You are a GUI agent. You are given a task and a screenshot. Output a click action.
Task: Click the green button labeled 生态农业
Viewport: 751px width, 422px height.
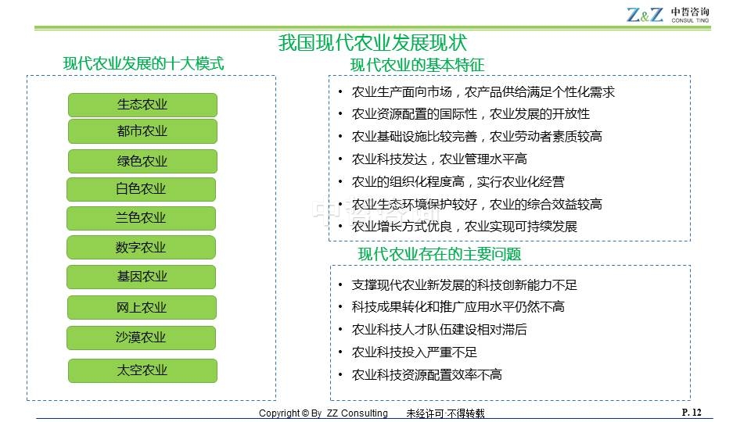coord(142,105)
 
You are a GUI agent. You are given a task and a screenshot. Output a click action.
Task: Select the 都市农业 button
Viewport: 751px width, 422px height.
coord(142,131)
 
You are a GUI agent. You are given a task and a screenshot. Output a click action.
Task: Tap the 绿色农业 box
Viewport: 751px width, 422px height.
coord(142,161)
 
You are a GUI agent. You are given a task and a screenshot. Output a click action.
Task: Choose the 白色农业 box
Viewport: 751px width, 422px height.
coord(142,189)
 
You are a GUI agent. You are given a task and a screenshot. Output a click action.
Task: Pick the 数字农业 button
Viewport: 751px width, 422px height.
coord(142,248)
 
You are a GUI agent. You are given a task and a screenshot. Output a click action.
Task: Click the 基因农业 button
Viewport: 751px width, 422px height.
coord(142,277)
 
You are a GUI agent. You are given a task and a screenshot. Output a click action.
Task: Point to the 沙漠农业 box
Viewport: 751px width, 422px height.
coord(142,338)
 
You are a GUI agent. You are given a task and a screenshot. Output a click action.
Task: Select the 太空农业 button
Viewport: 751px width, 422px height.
coord(142,370)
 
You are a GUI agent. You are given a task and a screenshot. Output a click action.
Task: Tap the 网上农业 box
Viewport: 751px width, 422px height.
coord(142,307)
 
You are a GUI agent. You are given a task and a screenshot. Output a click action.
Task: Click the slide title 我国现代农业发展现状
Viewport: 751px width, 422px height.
coord(372,42)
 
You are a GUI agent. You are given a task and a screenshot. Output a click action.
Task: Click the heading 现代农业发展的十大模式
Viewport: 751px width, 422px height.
coord(143,63)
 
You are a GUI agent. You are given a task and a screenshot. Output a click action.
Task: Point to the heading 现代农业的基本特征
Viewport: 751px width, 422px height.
coord(417,65)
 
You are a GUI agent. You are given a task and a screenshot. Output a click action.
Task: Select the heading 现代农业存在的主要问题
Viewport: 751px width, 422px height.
coord(439,254)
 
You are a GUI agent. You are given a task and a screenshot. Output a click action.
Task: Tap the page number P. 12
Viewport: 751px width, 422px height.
coord(692,413)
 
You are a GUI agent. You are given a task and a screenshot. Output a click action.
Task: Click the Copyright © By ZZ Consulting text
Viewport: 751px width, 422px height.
coord(323,413)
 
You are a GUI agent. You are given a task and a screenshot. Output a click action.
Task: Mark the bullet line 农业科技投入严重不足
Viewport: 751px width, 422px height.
coord(415,352)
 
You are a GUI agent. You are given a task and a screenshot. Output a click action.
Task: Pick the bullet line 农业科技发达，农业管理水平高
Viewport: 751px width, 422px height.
coord(439,159)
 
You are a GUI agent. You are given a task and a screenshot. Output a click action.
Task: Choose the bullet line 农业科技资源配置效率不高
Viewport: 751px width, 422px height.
coord(427,374)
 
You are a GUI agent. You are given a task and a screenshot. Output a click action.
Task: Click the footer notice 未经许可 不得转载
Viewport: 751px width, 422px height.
coord(445,413)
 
